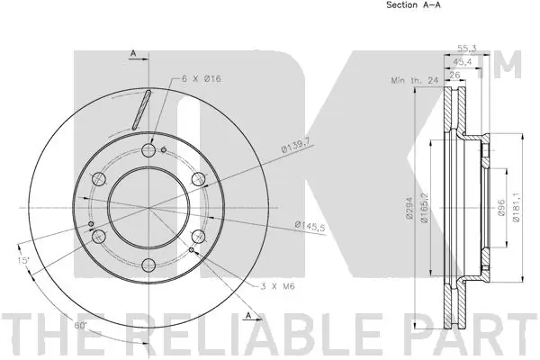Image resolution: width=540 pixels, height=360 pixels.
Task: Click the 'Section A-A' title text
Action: point(389,5)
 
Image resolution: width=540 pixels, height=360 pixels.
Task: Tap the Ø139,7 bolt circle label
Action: point(296,144)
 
